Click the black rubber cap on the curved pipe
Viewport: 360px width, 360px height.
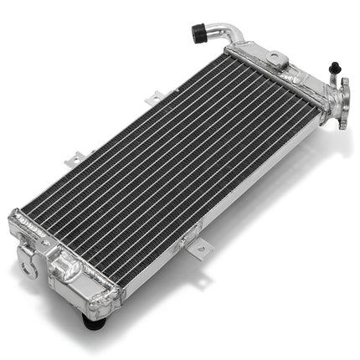tap(199, 33)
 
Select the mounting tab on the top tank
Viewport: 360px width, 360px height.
tap(277, 59)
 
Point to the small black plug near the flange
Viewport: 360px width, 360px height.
tap(334, 67)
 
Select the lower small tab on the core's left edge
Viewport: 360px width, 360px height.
tap(77, 157)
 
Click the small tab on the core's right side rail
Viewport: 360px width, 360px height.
tap(201, 249)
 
